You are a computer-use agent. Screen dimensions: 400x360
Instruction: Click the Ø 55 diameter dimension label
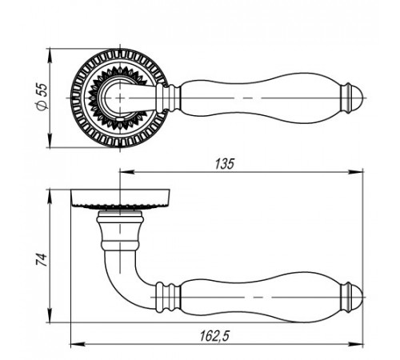42,96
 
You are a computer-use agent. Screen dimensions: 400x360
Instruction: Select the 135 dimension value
224,164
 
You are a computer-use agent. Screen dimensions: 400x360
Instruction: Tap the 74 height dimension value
42,260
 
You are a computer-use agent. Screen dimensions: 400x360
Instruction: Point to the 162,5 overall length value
214,336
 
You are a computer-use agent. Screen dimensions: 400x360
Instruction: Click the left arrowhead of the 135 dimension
127,172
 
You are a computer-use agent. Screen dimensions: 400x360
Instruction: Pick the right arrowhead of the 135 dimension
356,172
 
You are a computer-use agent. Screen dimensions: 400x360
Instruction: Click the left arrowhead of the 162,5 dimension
78,344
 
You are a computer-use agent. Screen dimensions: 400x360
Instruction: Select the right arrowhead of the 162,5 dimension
356,344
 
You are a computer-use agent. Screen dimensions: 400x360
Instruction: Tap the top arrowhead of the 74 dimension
50,197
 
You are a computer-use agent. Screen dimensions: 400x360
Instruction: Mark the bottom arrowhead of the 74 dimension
50,315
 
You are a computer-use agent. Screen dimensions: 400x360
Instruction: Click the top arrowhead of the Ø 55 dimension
50,56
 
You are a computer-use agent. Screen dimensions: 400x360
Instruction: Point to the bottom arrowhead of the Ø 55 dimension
50,140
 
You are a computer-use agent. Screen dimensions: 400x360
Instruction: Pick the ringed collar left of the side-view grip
168,297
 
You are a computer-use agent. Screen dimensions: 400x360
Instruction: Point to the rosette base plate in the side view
120,198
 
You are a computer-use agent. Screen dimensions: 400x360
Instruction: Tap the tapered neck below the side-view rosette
120,230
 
